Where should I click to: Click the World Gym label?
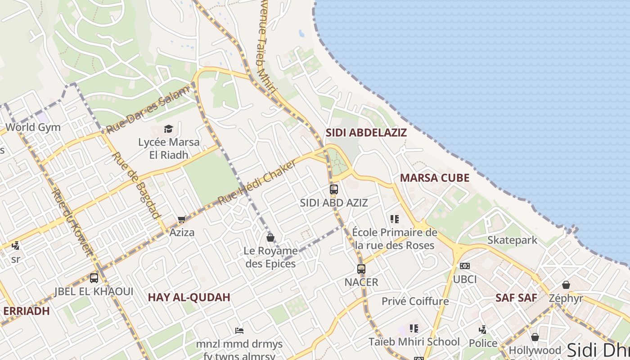click(x=33, y=127)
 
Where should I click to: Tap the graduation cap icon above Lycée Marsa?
click(x=168, y=129)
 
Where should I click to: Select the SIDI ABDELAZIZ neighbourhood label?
click(x=366, y=133)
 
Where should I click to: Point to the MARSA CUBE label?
click(x=434, y=178)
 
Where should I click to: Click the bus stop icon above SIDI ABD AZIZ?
click(x=333, y=189)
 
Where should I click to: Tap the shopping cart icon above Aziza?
click(x=181, y=220)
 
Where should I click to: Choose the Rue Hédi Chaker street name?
click(x=257, y=182)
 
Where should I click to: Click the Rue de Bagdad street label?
click(x=136, y=184)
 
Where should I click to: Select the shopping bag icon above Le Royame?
click(x=270, y=237)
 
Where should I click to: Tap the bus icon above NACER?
click(x=361, y=269)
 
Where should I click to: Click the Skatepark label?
click(x=512, y=240)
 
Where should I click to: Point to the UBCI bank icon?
click(x=465, y=266)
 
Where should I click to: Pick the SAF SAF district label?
click(x=516, y=297)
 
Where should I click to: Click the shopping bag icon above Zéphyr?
click(x=566, y=285)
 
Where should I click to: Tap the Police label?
click(x=483, y=343)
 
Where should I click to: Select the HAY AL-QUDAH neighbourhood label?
click(x=189, y=297)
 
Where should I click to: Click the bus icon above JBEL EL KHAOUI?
click(x=94, y=278)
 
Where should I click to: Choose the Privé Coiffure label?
click(x=415, y=301)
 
